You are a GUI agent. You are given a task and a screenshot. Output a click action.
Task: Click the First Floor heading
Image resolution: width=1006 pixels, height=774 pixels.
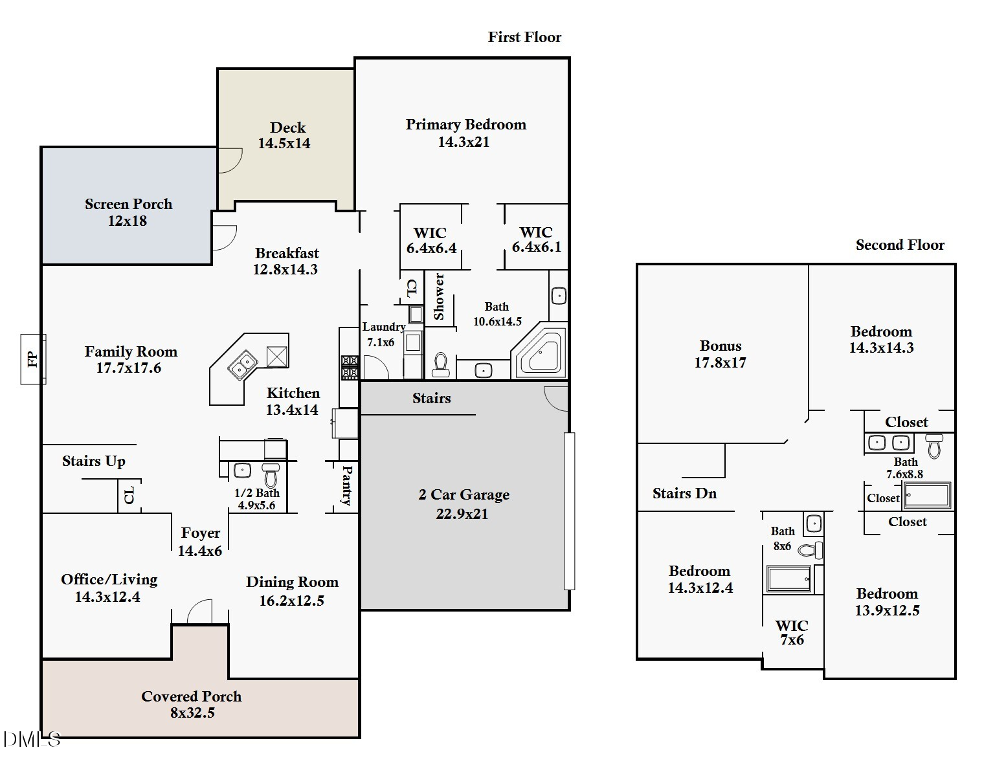[x=524, y=37]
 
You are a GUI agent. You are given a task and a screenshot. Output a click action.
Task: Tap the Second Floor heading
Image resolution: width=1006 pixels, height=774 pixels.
[x=900, y=245]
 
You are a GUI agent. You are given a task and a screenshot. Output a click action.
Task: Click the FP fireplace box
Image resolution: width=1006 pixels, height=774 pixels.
[x=33, y=359]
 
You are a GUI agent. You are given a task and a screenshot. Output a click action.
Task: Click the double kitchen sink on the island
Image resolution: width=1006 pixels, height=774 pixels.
[x=242, y=365]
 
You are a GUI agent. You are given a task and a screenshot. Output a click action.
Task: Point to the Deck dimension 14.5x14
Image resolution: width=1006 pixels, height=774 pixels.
[x=284, y=144]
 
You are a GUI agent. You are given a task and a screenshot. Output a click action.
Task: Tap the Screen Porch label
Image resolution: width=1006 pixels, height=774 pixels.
[x=128, y=204]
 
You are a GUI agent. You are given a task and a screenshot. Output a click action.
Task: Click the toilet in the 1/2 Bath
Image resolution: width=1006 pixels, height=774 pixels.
[x=271, y=475]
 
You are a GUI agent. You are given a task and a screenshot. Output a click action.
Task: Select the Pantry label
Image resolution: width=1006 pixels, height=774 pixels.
[x=346, y=485]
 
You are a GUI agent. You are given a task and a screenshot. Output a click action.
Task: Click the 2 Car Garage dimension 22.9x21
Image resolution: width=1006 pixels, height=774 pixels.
[x=462, y=514]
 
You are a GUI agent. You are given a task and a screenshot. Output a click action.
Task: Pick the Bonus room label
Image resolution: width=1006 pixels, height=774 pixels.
[x=721, y=346]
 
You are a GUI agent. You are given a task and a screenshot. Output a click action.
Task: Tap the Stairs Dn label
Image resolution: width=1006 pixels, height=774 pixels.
[x=684, y=494]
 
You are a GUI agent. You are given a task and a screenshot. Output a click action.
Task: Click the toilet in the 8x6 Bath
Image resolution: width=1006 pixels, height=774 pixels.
[x=811, y=550]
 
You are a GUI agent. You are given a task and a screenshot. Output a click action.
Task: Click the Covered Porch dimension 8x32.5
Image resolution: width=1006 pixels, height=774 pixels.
[x=192, y=713]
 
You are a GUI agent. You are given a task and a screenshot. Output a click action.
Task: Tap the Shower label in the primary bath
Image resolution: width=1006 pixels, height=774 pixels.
[x=438, y=296]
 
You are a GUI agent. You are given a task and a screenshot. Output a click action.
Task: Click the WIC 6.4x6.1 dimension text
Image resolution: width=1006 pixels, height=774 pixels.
[x=536, y=247]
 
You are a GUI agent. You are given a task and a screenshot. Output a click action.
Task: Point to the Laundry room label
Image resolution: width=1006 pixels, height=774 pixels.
[x=384, y=327]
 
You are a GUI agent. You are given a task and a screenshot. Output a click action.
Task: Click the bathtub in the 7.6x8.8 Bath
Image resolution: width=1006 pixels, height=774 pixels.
[x=927, y=496]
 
